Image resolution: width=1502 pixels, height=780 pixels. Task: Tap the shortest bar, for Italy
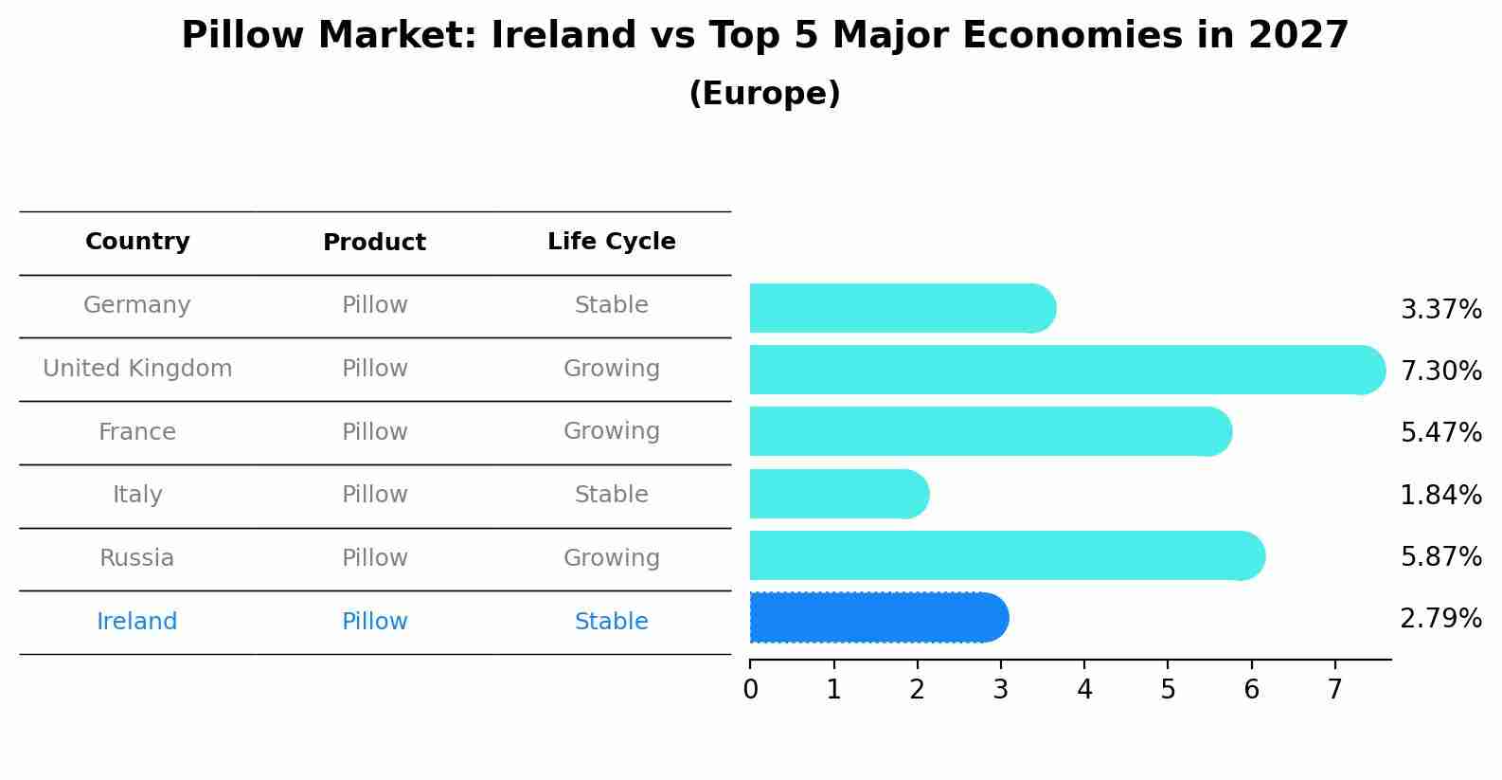pos(838,494)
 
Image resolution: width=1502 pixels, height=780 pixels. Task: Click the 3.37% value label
pos(1440,310)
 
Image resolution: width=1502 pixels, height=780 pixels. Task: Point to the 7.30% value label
pos(1440,371)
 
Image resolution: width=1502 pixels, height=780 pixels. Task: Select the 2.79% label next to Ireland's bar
pos(1440,619)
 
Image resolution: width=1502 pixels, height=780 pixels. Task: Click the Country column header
pos(137,242)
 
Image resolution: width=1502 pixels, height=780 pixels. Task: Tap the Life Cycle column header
pos(612,242)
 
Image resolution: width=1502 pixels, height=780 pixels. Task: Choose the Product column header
pos(374,243)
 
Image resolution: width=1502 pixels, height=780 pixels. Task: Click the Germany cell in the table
pos(137,305)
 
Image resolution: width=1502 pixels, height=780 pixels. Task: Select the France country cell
pos(137,432)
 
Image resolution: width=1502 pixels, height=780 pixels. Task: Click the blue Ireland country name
pos(137,622)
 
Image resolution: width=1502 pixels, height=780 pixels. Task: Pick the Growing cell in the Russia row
pos(612,558)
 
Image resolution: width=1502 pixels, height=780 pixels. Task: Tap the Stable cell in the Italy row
pos(612,495)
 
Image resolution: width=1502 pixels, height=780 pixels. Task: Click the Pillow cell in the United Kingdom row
pos(374,369)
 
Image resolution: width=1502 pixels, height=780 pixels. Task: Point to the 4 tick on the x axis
pos(1084,690)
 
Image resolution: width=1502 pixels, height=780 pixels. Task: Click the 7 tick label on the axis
pos(1335,690)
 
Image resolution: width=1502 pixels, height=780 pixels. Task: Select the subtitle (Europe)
pos(764,94)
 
